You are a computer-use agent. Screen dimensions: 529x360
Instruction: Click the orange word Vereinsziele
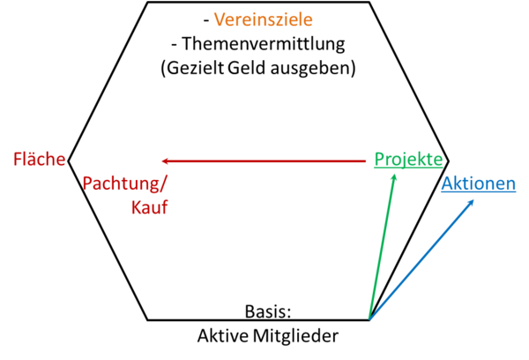pyautogui.click(x=263, y=19)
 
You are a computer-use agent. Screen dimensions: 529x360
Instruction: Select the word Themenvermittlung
pyautogui.click(x=264, y=44)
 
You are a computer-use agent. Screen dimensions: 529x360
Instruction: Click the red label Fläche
pyautogui.click(x=39, y=159)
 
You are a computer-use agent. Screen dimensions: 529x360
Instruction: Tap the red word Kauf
pyautogui.click(x=150, y=207)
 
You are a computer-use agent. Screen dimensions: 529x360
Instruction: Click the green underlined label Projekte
pyautogui.click(x=408, y=160)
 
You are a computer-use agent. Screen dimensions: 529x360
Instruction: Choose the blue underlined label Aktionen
pyautogui.click(x=479, y=184)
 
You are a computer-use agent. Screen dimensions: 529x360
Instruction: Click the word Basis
pyautogui.click(x=267, y=311)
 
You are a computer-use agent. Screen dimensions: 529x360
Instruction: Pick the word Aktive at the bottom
pyautogui.click(x=223, y=335)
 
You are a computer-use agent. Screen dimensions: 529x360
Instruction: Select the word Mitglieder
pyautogui.click(x=295, y=336)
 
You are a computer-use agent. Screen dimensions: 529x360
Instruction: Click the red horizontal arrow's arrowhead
pyautogui.click(x=166, y=161)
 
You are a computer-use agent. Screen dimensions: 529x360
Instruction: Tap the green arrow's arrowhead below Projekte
pyautogui.click(x=394, y=177)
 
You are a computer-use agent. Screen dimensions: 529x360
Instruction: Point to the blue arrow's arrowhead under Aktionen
pyautogui.click(x=471, y=203)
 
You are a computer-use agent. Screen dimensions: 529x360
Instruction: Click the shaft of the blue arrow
pyautogui.click(x=421, y=259)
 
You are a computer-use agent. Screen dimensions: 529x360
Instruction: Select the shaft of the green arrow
pyautogui.click(x=382, y=246)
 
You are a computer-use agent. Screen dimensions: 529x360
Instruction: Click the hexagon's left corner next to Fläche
pyautogui.click(x=69, y=161)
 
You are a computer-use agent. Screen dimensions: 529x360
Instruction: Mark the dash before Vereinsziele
pyautogui.click(x=206, y=21)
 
